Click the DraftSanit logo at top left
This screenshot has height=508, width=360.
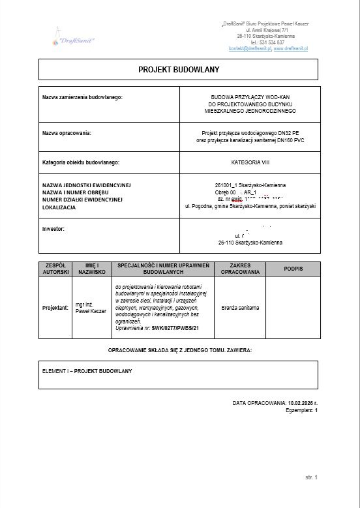[72, 35]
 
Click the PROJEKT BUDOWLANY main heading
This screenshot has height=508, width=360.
[179, 69]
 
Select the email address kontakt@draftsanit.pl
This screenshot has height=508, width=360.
[250, 49]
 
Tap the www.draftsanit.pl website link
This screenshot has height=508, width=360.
[291, 49]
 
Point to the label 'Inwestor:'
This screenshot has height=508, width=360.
[53, 229]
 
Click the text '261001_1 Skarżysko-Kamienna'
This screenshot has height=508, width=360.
[250, 185]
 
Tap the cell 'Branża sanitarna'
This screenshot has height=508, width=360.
[240, 307]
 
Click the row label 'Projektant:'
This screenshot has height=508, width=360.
[55, 307]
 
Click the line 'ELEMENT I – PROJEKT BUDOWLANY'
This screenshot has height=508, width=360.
[87, 371]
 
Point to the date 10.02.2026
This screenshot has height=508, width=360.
[300, 404]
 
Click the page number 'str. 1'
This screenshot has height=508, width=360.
[310, 478]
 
